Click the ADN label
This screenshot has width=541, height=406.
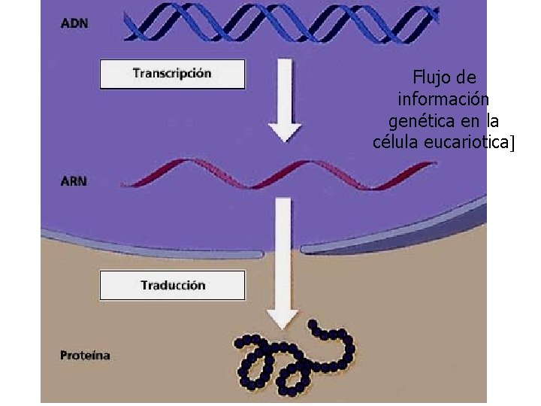(x=74, y=23)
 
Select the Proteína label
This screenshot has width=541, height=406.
(x=84, y=355)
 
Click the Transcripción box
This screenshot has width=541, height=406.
(x=172, y=74)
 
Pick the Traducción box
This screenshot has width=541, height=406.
(x=172, y=286)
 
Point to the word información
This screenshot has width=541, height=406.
(x=444, y=98)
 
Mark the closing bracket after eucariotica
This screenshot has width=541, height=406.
(x=511, y=143)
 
